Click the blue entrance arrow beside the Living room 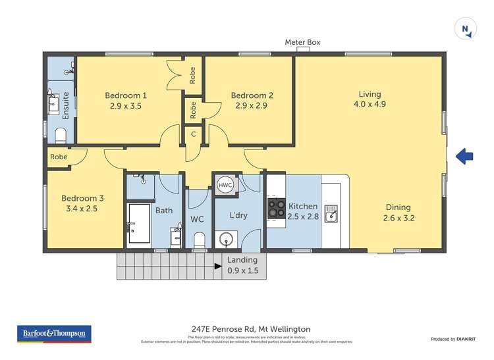[x=464, y=156]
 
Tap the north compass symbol [x=466, y=28]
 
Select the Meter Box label [x=302, y=42]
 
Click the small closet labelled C [x=193, y=134]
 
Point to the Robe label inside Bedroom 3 [x=59, y=157]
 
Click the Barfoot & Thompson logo [x=53, y=334]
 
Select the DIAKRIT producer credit [x=466, y=338]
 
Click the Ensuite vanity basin [x=54, y=104]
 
